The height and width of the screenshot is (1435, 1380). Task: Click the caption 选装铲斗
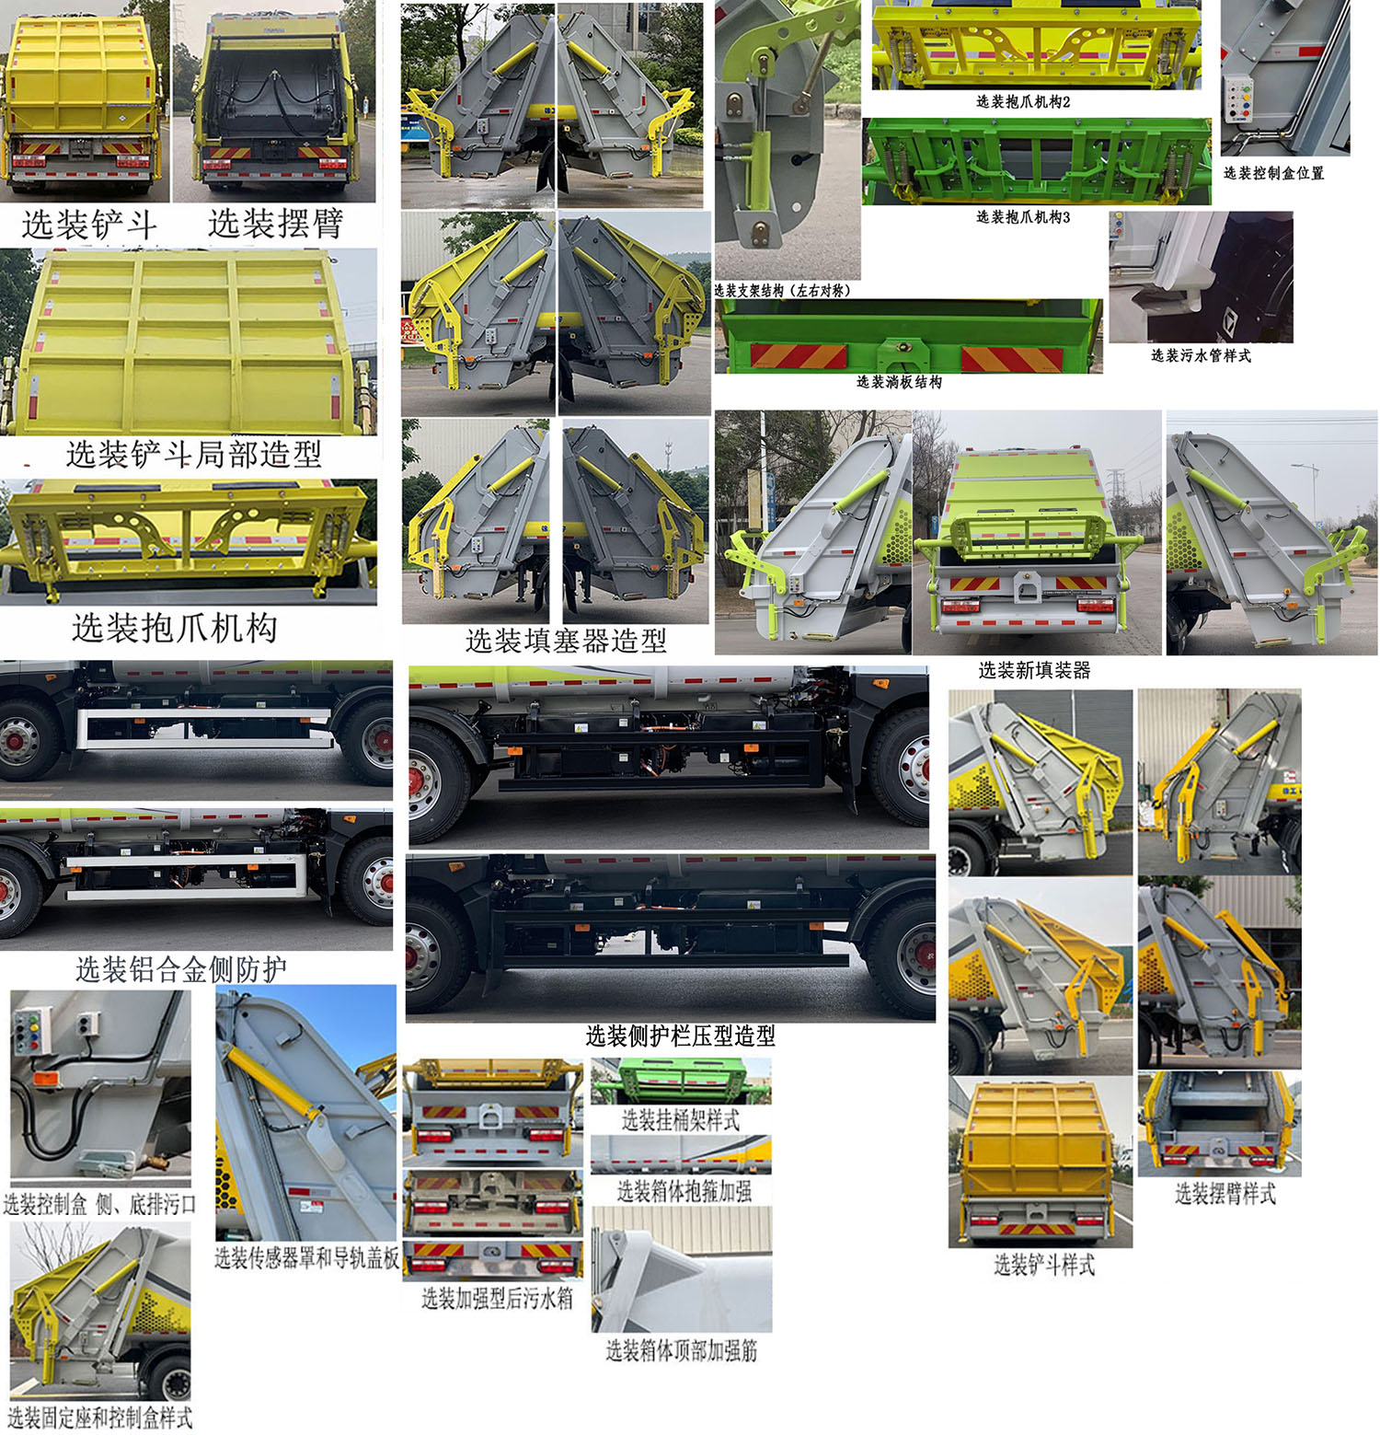pos(89,225)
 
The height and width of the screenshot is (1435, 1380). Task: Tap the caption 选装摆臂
pos(276,223)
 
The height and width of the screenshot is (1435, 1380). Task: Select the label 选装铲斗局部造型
pos(194,454)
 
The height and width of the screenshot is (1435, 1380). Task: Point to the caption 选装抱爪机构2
pos(1023,101)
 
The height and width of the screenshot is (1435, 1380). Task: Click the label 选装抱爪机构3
pos(1023,217)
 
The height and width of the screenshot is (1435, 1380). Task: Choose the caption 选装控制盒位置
pos(1273,173)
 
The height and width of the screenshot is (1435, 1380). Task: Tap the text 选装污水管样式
pos(1201,355)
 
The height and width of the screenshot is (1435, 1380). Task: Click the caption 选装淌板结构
pos(899,382)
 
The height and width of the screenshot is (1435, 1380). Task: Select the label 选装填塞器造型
pos(566,641)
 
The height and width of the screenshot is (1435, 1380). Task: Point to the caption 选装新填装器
pos(1034,670)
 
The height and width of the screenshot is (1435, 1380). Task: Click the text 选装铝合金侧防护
pos(181,969)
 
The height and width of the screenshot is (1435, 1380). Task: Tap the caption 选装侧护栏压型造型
pos(681,1036)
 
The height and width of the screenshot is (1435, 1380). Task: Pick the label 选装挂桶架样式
pos(681,1120)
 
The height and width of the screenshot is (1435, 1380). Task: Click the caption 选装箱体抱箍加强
pos(684,1191)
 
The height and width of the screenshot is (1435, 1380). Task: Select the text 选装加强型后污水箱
pos(497,1298)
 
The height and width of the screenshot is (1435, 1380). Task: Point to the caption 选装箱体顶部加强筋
pos(682,1350)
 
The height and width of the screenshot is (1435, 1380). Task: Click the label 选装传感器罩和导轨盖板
pos(307,1257)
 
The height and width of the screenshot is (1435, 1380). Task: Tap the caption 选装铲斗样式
pos(1044,1266)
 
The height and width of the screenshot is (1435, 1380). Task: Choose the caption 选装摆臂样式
pos(1225,1194)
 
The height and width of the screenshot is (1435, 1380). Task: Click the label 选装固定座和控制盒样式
pos(100,1418)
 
